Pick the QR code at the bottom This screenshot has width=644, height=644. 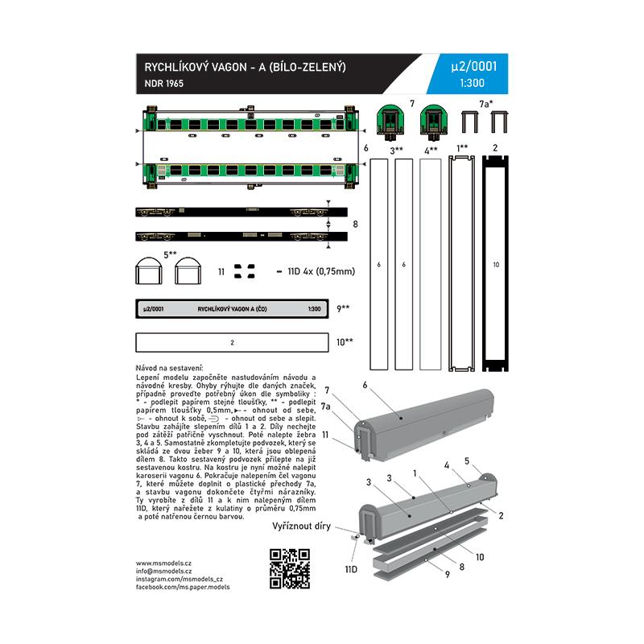pyautogui.click(x=289, y=568)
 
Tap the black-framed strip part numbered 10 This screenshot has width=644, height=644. pyautogui.click(x=496, y=264)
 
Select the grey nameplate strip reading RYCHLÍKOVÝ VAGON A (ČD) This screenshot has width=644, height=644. pyautogui.click(x=232, y=309)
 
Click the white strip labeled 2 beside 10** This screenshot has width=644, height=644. pyautogui.click(x=232, y=342)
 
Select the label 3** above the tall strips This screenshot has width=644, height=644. pyautogui.click(x=397, y=150)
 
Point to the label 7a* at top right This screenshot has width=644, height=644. pyautogui.click(x=486, y=105)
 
